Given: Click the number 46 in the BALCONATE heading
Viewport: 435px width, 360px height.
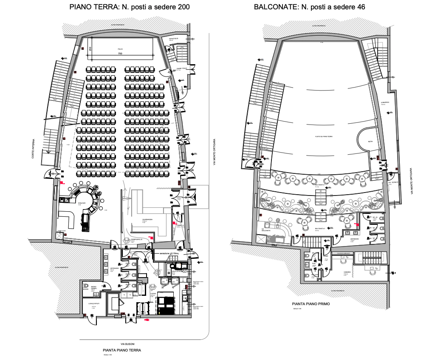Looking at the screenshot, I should (x=360, y=7).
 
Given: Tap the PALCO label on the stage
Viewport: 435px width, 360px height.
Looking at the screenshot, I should (x=120, y=49).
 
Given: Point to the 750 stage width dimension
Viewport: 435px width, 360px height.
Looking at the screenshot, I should (x=120, y=54).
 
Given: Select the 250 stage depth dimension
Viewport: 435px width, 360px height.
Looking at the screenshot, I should (x=90, y=49).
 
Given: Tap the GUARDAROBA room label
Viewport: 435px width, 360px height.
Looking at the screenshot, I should (x=147, y=220).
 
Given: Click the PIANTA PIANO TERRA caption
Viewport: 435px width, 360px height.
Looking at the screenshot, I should (x=122, y=350).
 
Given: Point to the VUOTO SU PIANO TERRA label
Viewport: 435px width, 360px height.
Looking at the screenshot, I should (x=323, y=136).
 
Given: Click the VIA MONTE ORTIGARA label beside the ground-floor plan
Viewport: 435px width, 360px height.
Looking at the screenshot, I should (x=214, y=153).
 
